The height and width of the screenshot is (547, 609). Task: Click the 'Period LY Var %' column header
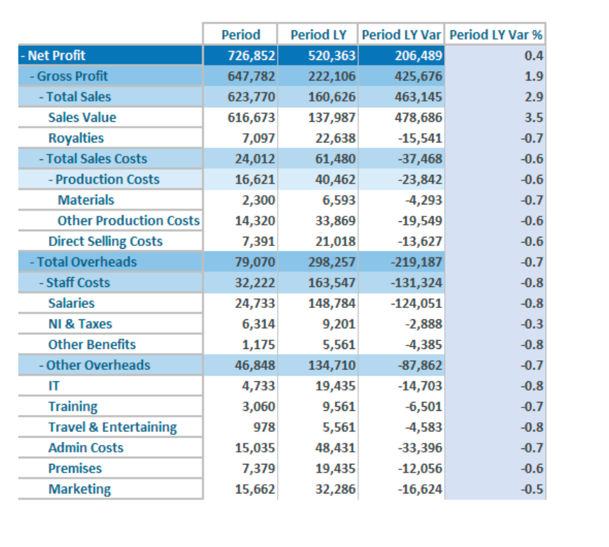(496, 35)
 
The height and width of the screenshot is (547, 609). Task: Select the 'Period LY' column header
(319, 35)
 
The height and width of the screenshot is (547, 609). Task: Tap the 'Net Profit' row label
(56, 56)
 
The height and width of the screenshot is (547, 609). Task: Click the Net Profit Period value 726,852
(252, 56)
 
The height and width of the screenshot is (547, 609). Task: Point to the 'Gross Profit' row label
(73, 76)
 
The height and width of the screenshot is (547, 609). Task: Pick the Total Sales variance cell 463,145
(418, 97)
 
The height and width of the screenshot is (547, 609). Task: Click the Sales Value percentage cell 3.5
(534, 117)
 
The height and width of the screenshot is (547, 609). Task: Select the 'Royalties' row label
(76, 138)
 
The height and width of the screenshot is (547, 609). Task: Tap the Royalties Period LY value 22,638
(336, 138)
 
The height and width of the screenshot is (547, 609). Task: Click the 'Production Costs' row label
(108, 180)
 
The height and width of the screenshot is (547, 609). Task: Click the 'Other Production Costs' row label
(128, 221)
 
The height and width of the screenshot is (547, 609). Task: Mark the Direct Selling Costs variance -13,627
(420, 241)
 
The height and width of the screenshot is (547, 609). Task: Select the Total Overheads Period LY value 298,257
(332, 262)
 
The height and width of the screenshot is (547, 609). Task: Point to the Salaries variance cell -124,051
(417, 303)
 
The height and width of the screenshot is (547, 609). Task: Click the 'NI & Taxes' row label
(80, 324)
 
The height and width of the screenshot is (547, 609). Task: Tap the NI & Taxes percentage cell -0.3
(531, 324)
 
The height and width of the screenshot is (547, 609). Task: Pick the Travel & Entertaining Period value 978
(264, 427)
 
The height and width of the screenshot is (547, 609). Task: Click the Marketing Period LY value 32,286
(336, 488)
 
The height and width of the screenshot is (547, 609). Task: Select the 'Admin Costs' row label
(86, 448)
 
